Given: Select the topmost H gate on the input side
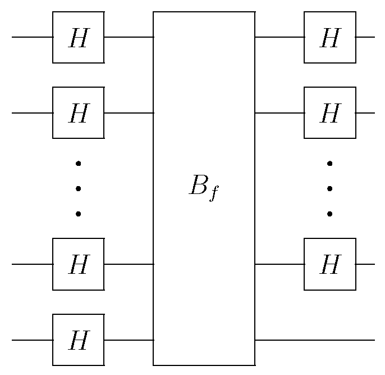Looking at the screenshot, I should (x=78, y=37).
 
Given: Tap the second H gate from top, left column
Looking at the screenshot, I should (x=78, y=112).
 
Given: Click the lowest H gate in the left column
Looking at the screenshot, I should (x=78, y=340).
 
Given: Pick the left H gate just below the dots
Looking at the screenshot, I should (x=78, y=264).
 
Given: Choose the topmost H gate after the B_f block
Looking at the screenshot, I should (x=329, y=37).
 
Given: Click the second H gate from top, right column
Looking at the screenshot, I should (x=329, y=112).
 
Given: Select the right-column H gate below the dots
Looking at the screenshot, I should (x=329, y=264).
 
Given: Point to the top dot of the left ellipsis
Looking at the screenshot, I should (x=78, y=164).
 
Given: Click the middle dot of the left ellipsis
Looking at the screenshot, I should (x=78, y=188).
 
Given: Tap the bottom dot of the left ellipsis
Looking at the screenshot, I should (x=78, y=214).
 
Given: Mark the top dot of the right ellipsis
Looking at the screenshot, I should (x=330, y=164).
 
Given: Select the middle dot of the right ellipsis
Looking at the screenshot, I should (x=330, y=188).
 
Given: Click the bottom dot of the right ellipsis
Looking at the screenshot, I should (x=330, y=214).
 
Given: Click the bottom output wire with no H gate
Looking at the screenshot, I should (x=314, y=340).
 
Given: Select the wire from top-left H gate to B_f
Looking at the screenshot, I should (x=129, y=38).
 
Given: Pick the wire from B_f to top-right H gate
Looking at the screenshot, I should (x=279, y=38).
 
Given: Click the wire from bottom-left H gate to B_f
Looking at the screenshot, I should (x=129, y=340).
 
